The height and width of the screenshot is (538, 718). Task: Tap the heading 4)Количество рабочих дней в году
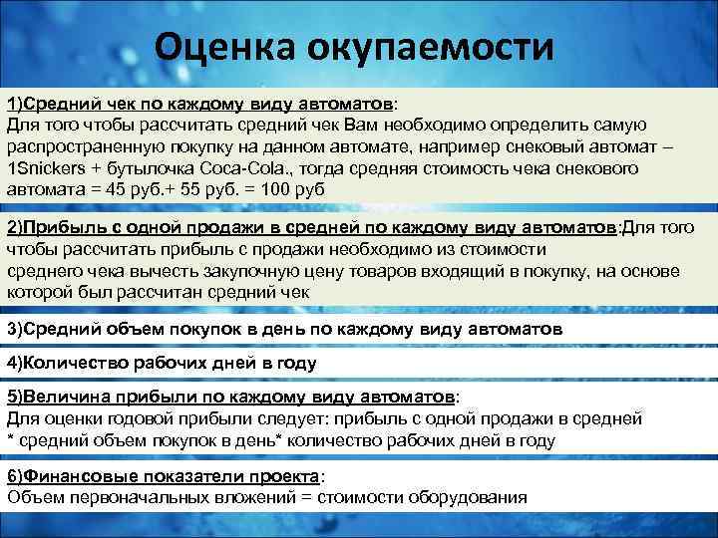pos(162,363)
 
